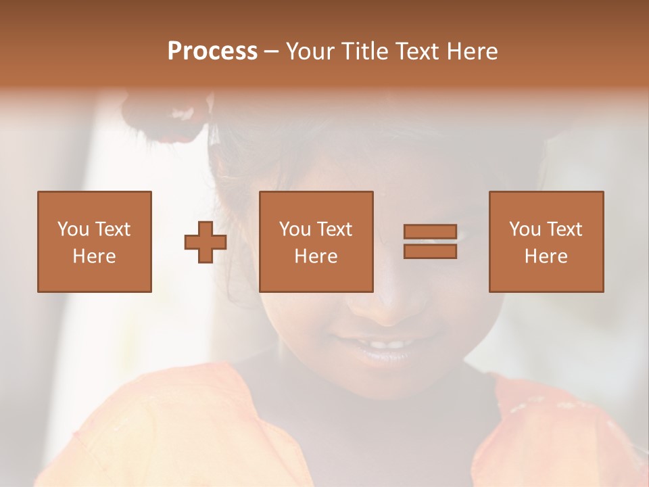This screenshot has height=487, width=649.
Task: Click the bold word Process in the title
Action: (212, 51)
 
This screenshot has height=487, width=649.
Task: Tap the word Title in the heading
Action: (364, 51)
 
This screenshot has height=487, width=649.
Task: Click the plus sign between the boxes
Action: (206, 242)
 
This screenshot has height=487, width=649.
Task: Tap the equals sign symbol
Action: (430, 241)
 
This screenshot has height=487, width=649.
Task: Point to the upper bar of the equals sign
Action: (430, 231)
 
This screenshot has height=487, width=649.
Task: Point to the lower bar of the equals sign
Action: (430, 252)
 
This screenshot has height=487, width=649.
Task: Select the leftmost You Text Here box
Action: (95, 241)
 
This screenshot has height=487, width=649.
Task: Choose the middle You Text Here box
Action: (316, 241)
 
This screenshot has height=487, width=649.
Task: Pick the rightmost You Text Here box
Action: (546, 241)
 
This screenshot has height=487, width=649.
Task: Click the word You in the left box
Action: (73, 229)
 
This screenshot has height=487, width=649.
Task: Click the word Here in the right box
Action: (546, 256)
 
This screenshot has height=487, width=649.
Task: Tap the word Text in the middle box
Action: (335, 229)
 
